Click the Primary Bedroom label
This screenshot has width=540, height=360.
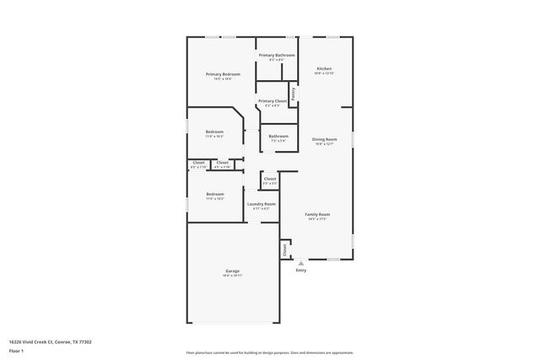click(223, 74)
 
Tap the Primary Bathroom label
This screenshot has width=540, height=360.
click(276, 56)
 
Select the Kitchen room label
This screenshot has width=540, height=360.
click(324, 68)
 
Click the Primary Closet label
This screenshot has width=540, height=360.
click(273, 100)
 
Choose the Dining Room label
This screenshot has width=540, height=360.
click(324, 139)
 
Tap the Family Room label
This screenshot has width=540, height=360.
click(317, 214)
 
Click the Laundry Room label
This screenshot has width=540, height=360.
click(261, 204)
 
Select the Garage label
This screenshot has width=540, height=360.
click(232, 271)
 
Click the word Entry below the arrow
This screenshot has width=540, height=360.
click(301, 271)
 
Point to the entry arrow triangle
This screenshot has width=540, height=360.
click(301, 263)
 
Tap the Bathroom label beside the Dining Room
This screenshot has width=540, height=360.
click(278, 136)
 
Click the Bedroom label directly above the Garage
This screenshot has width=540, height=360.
click(214, 194)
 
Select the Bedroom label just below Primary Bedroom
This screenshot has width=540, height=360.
click(214, 132)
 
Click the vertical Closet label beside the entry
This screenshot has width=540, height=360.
click(285, 250)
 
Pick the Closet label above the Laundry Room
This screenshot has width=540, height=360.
click(269, 178)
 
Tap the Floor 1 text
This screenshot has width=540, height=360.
click(17, 350)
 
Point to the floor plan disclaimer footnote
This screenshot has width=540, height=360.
click(269, 352)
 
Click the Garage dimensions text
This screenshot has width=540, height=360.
click(232, 276)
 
